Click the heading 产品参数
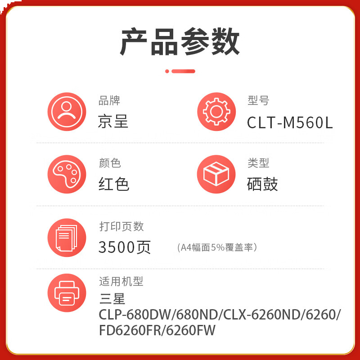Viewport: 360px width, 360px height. click(x=180, y=42)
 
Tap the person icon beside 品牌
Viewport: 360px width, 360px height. click(x=67, y=112)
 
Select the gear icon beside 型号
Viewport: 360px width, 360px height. click(x=216, y=112)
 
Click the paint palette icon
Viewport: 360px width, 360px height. click(x=67, y=174)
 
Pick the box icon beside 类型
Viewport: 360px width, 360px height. click(x=216, y=174)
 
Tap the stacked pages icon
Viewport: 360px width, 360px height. click(x=67, y=238)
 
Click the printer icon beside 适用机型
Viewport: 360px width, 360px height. click(x=67, y=293)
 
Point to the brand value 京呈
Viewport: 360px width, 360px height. click(x=113, y=121)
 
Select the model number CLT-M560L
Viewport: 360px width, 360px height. click(x=290, y=122)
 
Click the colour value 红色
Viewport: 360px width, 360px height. click(x=114, y=184)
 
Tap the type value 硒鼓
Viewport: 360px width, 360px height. click(x=263, y=184)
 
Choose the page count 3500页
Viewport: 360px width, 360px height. click(x=125, y=247)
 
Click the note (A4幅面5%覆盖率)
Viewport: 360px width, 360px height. click(x=217, y=247)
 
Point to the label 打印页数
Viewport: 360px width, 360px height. click(x=121, y=226)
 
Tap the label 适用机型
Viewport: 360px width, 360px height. click(x=121, y=282)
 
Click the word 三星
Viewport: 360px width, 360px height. click(x=112, y=298)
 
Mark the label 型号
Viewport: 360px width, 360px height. click(x=258, y=101)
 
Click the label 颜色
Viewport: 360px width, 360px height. click(x=110, y=163)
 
